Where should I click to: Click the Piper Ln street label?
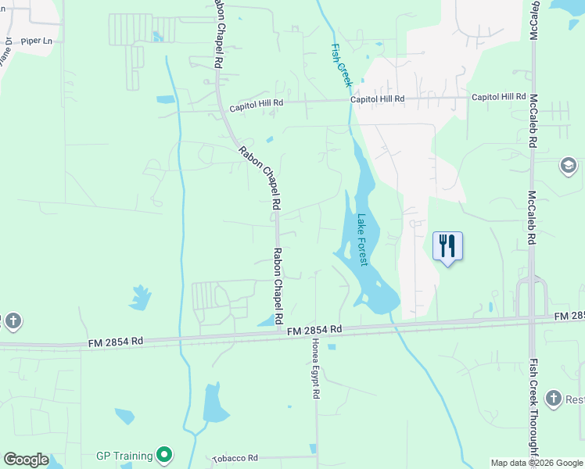pos(37,40)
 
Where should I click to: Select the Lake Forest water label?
pos(361,240)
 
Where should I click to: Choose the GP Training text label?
pos(124,454)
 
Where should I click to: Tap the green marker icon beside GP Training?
pos(164,454)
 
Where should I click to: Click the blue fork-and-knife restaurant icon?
pos(447,245)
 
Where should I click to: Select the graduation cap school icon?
pos(569,166)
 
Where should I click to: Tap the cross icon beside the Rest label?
pos(554,399)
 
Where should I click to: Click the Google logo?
pos(26,460)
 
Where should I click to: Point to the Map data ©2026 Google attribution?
pos(537,463)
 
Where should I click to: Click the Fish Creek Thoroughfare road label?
pos(534,406)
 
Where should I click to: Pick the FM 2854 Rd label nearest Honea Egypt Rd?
pos(314,331)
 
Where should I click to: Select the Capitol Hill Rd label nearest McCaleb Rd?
pos(498,97)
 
